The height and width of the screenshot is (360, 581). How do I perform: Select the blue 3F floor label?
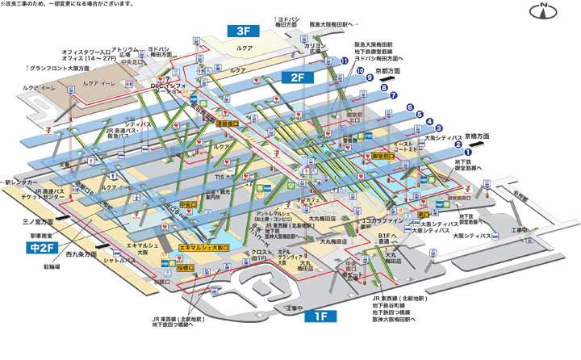click(x=241, y=31)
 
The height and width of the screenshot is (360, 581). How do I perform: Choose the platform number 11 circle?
click(x=345, y=61)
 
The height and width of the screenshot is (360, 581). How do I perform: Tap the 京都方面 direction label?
click(x=388, y=71)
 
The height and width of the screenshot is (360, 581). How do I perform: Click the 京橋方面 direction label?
click(x=476, y=136)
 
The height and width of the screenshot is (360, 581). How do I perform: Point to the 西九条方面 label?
click(x=79, y=253)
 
